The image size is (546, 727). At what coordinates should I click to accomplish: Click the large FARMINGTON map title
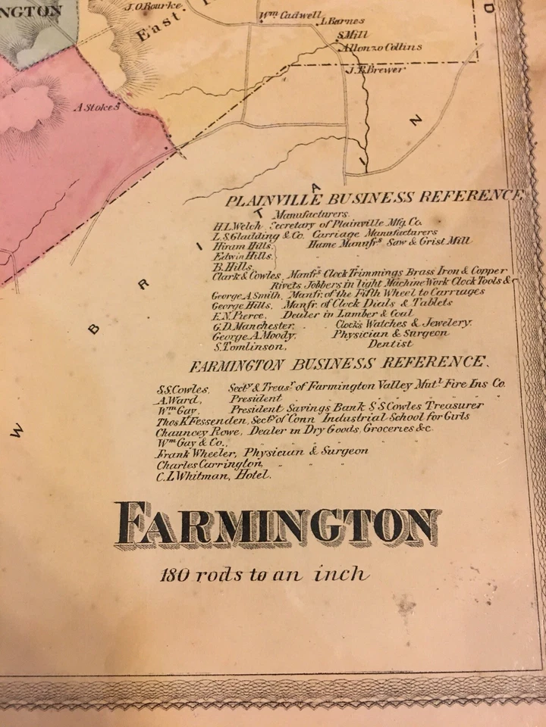point(278,525)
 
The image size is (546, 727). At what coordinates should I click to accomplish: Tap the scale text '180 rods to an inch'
point(265,574)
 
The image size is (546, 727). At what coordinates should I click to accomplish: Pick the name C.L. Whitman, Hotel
point(213,475)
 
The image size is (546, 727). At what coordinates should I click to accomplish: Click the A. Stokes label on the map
point(96,108)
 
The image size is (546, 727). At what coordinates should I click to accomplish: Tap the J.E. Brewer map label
point(365,70)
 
